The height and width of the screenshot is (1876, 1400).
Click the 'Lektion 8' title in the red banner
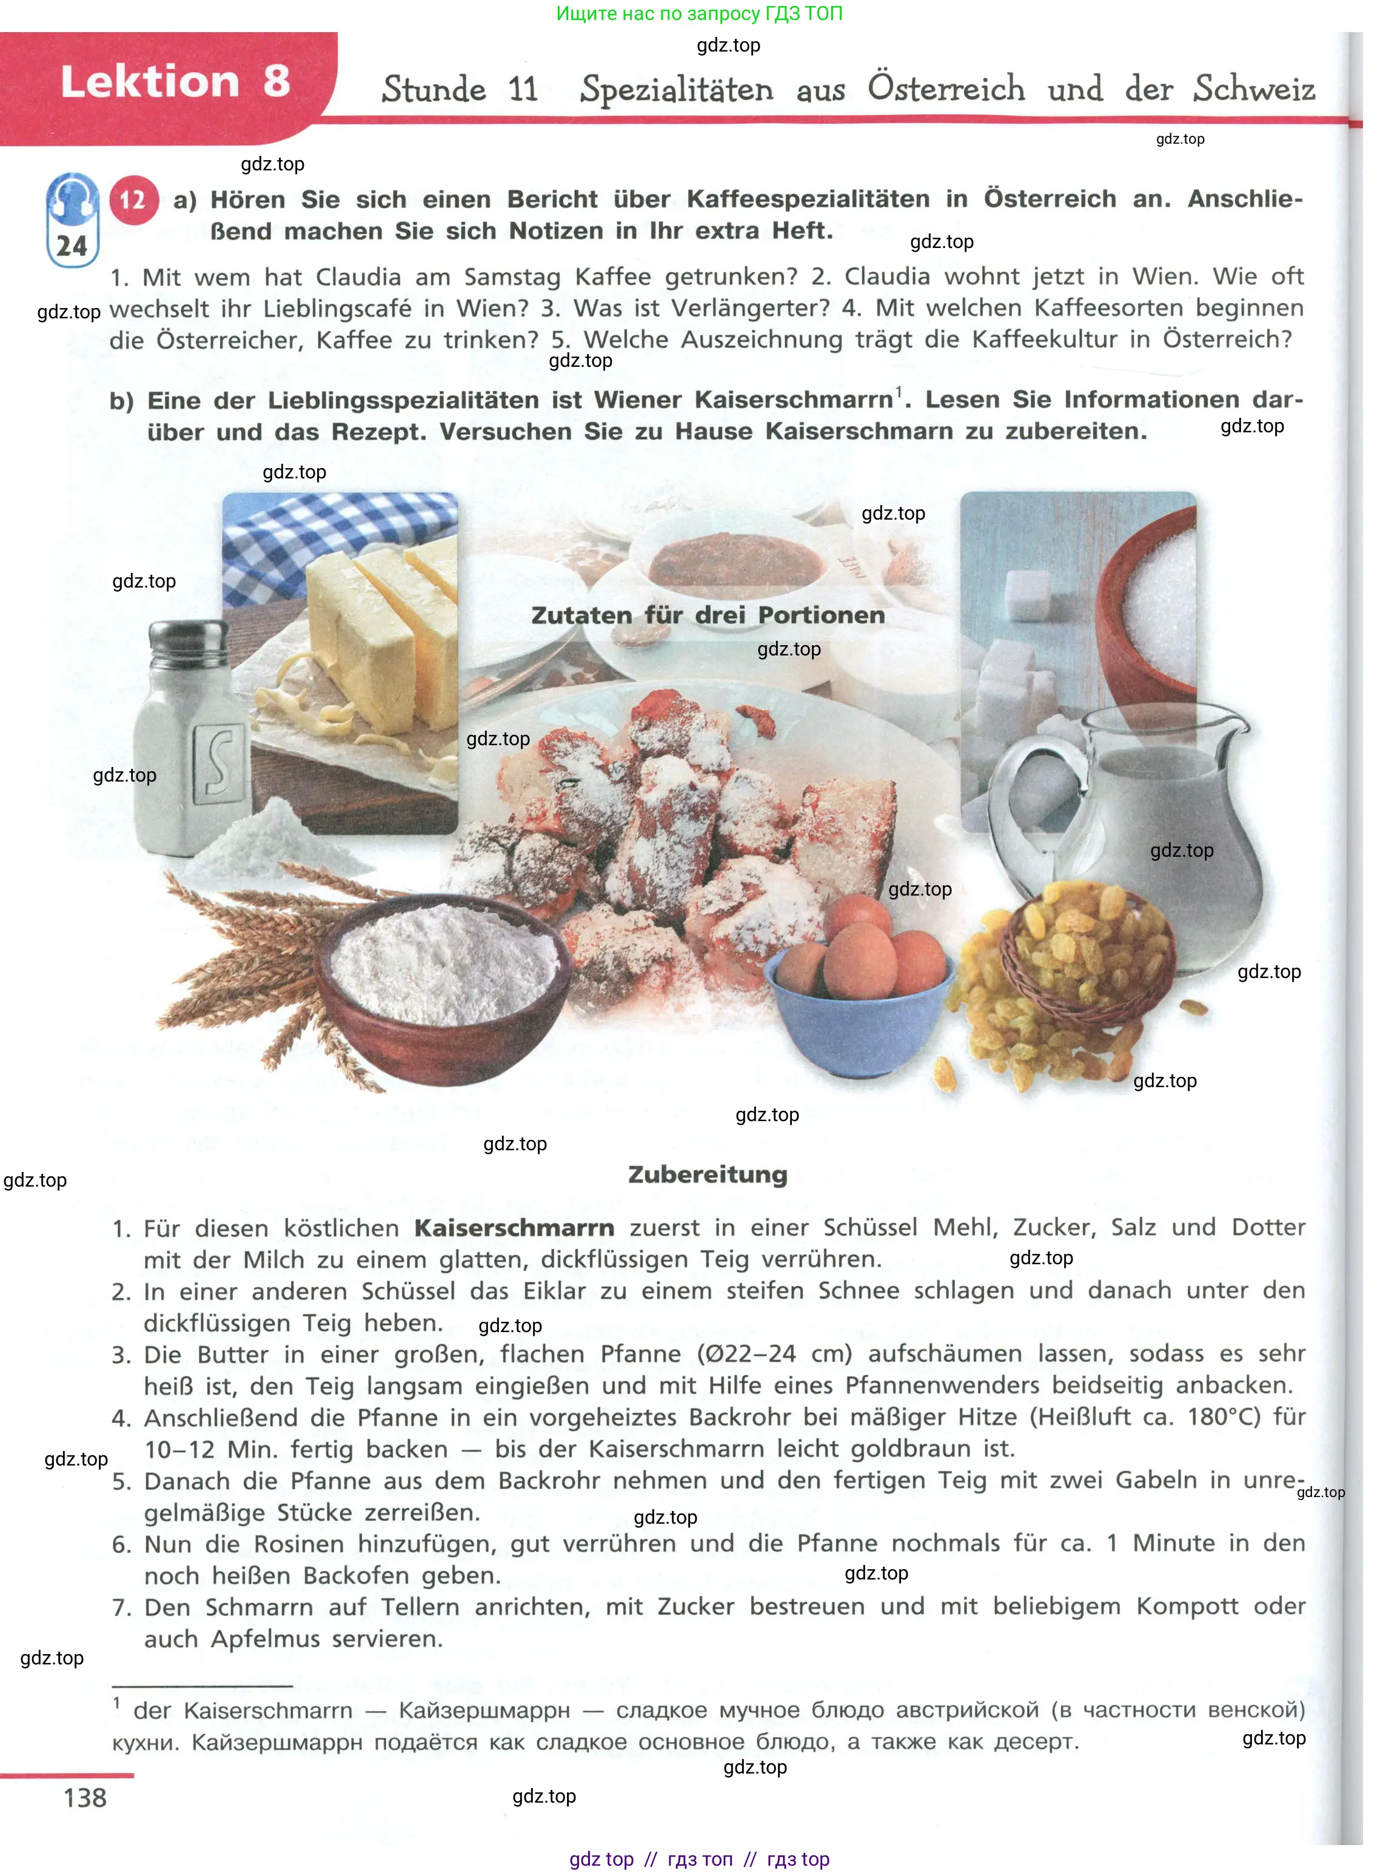pos(175,82)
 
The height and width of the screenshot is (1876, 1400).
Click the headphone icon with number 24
pos(72,220)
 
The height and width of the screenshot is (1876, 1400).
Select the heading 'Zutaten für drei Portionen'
pos(708,615)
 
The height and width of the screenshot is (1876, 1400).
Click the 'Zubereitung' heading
pos(708,1174)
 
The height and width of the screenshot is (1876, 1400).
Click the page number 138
pos(85,1798)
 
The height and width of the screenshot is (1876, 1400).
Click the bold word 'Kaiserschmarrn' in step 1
pos(514,1228)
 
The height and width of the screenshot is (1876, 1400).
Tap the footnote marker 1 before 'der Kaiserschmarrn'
pos(117,1703)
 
